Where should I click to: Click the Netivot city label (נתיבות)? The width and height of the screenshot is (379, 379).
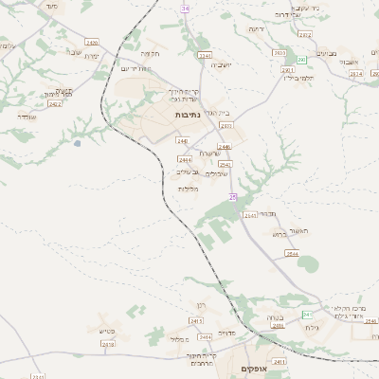tap(186, 115)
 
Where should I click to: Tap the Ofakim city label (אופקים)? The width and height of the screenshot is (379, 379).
tap(252, 368)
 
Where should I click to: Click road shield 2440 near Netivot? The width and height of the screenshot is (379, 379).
tap(182, 141)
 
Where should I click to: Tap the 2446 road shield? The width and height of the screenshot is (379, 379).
tap(225, 147)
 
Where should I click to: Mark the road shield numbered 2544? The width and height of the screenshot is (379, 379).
tap(292, 254)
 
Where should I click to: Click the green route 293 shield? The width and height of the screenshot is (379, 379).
tap(300, 59)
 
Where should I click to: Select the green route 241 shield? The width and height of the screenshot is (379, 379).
tap(306, 314)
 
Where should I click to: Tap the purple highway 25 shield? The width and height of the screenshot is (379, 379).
tap(232, 197)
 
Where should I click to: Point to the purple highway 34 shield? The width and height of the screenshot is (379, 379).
tap(187, 8)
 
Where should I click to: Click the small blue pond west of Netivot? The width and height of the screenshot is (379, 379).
tap(76, 144)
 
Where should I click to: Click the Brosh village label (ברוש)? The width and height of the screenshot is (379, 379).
tap(278, 234)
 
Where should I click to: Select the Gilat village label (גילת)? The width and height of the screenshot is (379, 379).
tap(313, 327)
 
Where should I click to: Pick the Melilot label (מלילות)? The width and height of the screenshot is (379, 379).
tap(188, 188)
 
